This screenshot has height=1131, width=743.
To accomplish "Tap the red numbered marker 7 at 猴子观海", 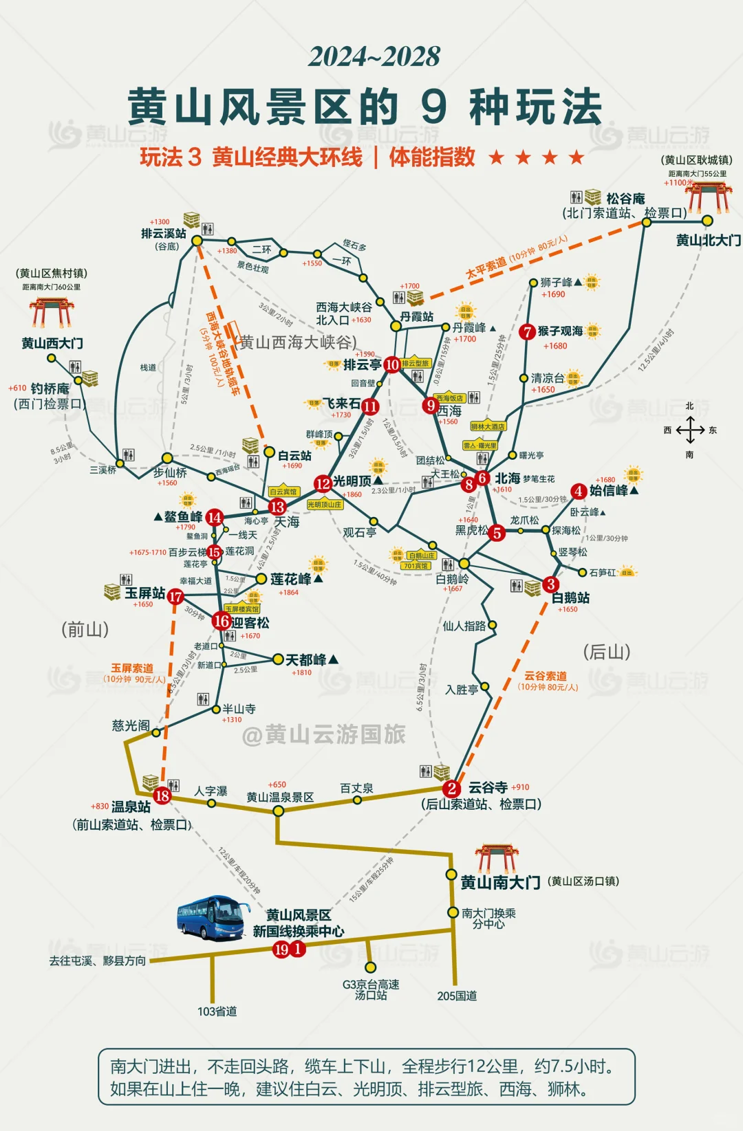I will point(527,332).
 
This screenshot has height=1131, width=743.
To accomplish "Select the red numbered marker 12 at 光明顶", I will point(323,483).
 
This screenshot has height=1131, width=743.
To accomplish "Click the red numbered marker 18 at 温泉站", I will point(162,795).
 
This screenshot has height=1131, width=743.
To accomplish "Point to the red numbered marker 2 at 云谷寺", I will point(451,789).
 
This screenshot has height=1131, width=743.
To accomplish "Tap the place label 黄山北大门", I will point(708,240).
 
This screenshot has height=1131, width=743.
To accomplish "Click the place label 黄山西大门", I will point(52,342).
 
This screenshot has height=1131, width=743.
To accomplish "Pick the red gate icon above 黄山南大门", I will point(497,859).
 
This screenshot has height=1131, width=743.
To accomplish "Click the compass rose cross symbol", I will point(689,430).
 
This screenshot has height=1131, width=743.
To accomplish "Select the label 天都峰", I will point(307,660).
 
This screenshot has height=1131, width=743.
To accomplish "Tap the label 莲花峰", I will point(291,579).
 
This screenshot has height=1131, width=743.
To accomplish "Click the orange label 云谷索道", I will point(546,676).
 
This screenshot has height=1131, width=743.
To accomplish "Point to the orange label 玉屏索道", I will point(132,668).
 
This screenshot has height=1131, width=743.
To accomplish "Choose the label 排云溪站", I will point(164,233).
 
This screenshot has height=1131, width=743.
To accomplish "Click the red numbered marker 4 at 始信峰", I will point(579,491).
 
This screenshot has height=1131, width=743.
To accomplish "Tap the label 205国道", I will point(457,996).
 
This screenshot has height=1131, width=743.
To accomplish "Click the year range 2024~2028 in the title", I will point(374,56).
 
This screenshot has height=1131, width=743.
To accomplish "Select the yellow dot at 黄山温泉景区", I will point(278,811).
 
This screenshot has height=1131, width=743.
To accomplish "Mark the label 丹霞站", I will point(417,316).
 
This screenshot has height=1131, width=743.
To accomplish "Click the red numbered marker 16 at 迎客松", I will point(222,621).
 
